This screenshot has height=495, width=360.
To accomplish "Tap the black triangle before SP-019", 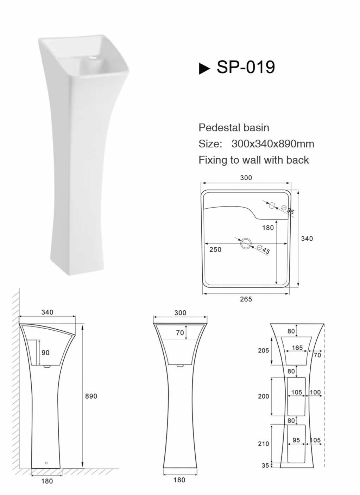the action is [x=204, y=69].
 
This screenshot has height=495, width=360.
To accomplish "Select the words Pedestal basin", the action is [x=234, y=128].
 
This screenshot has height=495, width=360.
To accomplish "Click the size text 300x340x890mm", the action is [x=273, y=144].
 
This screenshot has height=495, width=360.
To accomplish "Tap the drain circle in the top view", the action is [x=246, y=244].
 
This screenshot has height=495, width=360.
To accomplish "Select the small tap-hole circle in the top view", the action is [x=272, y=205].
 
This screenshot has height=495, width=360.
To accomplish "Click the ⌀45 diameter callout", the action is [x=264, y=249].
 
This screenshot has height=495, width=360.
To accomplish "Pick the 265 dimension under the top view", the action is [x=246, y=299].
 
